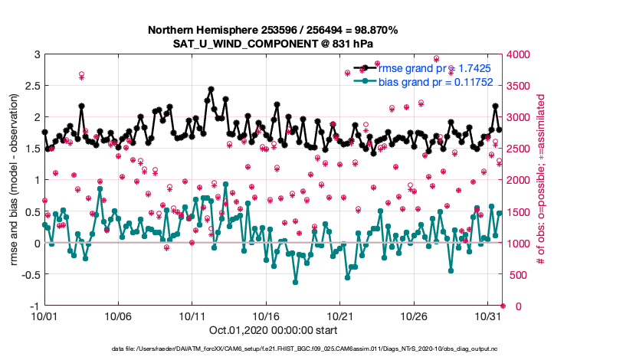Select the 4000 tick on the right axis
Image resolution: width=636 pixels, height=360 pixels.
515,54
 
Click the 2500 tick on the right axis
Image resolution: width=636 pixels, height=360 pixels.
515,149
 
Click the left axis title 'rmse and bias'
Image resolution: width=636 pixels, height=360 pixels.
15,180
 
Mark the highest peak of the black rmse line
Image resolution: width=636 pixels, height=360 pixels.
211,89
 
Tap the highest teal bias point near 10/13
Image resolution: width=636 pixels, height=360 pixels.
225,184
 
